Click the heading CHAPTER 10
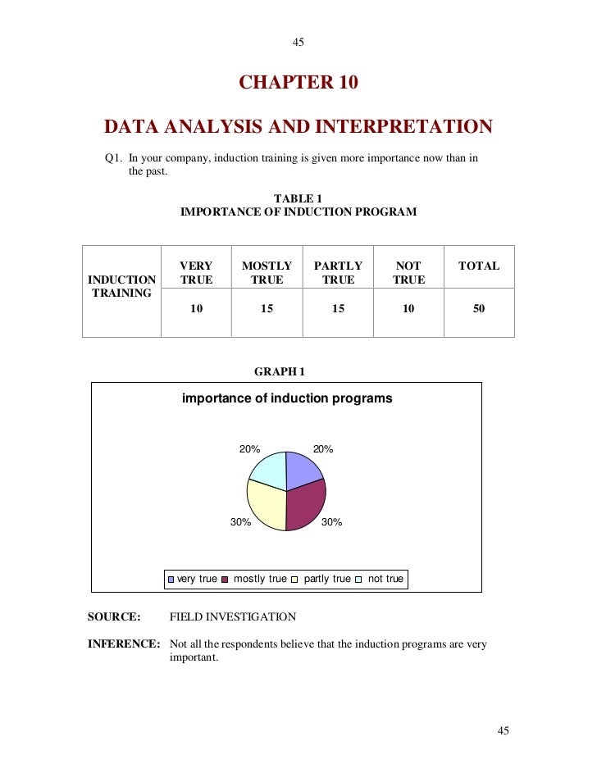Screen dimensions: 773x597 tap(298, 83)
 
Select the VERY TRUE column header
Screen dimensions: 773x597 tap(196, 273)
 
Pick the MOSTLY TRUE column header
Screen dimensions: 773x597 tap(267, 273)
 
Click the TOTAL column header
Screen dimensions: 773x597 tap(479, 266)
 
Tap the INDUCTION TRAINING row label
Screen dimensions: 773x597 tap(121, 286)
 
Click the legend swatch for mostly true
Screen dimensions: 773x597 tap(226, 580)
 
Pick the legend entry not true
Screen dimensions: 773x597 tap(385, 579)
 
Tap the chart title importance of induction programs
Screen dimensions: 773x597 tap(287, 399)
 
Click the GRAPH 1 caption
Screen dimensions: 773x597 tap(280, 371)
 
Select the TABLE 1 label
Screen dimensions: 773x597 tap(298, 198)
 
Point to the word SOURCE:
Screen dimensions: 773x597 tap(114, 616)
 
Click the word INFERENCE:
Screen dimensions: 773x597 tap(124, 644)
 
